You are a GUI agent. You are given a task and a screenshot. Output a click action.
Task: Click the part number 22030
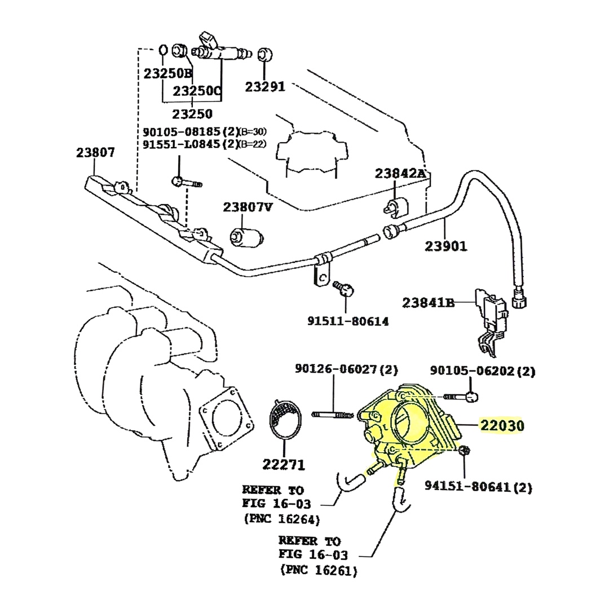coord(502,426)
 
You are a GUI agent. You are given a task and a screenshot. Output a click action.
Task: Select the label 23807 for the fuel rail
coord(96,152)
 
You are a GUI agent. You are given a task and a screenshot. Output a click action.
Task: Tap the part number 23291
coord(265,87)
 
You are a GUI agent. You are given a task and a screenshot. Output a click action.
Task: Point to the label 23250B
coord(167,73)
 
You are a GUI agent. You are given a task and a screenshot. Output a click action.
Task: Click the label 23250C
coord(197,91)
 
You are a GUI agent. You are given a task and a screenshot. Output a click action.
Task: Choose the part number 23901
coord(446,246)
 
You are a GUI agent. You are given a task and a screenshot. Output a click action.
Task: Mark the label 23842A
coord(400,174)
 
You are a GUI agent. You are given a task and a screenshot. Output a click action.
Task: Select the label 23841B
coord(429,303)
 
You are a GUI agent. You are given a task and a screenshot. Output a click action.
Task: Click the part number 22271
coord(284,465)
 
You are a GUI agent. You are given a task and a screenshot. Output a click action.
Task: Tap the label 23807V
coord(248,207)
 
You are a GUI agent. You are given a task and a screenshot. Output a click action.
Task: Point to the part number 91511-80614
coord(348,321)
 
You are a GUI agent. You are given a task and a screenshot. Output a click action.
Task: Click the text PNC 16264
coord(282,519)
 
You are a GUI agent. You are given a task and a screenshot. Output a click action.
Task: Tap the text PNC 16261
coord(319,571)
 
